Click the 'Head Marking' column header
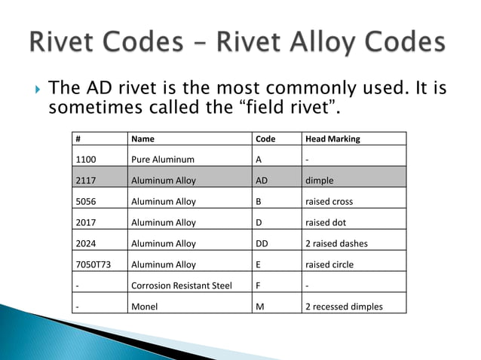[x=332, y=139]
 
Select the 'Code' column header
[x=265, y=139]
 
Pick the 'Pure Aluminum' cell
[x=162, y=160]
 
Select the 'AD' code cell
[x=262, y=181]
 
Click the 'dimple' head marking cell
[x=318, y=181]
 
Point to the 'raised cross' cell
[x=329, y=202]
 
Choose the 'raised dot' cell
[x=325, y=223]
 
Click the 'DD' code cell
[x=262, y=244]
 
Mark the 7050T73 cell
[x=93, y=265]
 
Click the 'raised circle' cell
[x=329, y=265]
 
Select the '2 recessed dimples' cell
[x=343, y=307]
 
